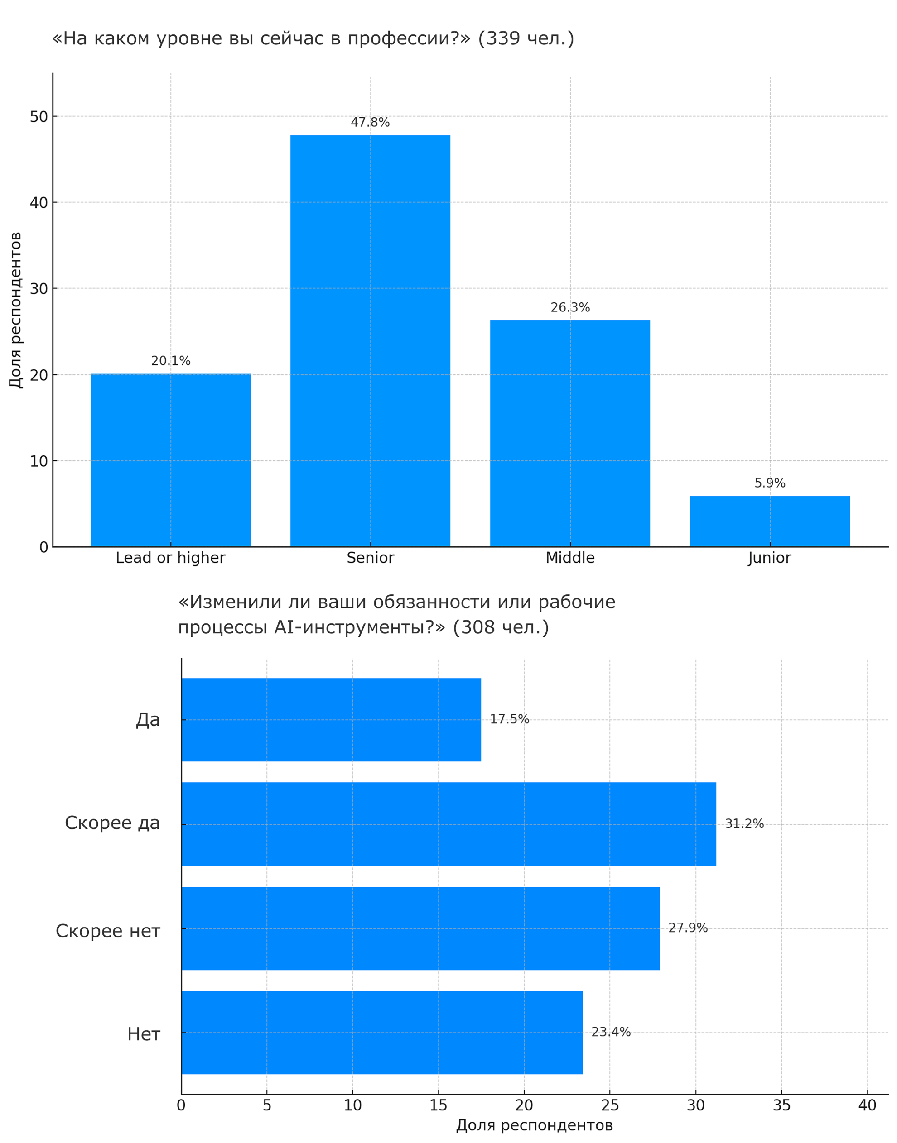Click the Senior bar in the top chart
(370, 341)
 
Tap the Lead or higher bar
(170, 460)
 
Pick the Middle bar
(570, 434)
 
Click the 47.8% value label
(370, 122)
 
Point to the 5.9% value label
(770, 483)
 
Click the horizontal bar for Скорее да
(448, 824)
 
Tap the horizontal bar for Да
(331, 719)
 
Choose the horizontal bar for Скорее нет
(420, 928)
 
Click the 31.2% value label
(744, 824)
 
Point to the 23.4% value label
(611, 1032)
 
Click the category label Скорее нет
(108, 931)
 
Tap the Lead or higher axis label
(170, 558)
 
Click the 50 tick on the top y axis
(39, 116)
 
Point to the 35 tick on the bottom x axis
(781, 1105)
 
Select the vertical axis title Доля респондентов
(16, 310)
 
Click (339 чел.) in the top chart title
(526, 38)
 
